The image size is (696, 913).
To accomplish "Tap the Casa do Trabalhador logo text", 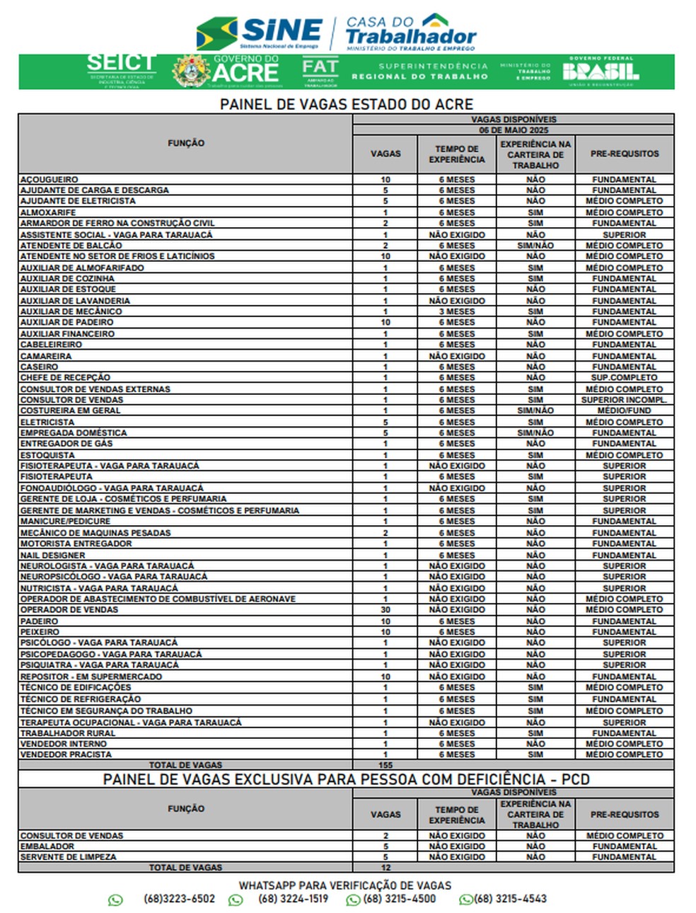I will point(410,33).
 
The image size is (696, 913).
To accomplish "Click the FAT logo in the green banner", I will point(320,71).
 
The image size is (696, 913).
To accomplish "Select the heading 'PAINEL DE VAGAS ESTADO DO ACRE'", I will point(346,105).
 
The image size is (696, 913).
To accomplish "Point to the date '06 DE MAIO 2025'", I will point(514,130).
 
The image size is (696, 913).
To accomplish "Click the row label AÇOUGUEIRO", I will point(50,180).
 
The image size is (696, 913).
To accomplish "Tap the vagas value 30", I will point(385,609).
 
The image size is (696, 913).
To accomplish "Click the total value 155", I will point(385,765).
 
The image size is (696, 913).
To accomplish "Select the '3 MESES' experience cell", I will point(457,311).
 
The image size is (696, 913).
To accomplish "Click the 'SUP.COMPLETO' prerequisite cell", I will point(624,377).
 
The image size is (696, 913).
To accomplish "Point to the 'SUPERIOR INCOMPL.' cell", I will point(624,400).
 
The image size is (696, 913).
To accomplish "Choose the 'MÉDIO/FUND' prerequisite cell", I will point(624,410).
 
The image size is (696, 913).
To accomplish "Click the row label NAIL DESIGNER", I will point(53,556).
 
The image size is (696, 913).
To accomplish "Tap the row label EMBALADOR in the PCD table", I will point(47,846).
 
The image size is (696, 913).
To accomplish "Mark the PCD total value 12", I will point(385,867).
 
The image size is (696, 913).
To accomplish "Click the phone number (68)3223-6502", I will point(179,899).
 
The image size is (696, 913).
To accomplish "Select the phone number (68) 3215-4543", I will point(510,899).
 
